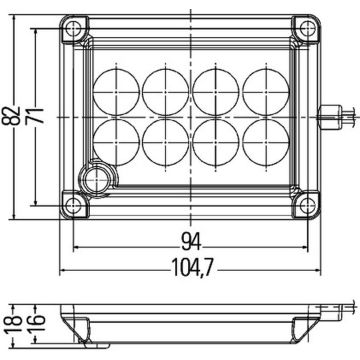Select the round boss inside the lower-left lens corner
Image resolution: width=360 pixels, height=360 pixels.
pyautogui.click(x=98, y=178)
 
